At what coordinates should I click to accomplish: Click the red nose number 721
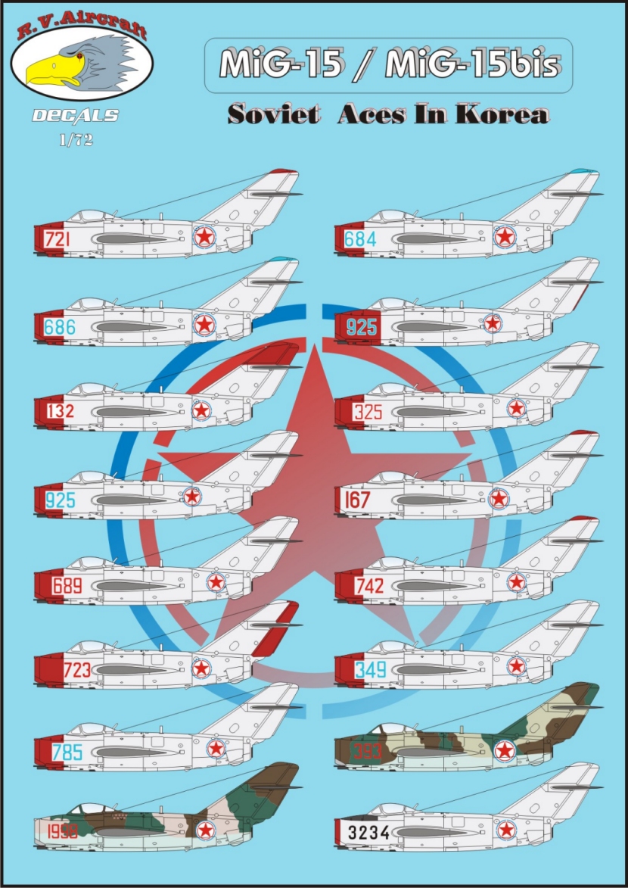[x=58, y=240]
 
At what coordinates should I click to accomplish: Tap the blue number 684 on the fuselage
[x=358, y=240]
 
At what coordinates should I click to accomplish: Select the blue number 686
[x=60, y=328]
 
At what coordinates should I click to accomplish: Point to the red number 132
[x=59, y=412]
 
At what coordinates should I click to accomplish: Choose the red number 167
[x=357, y=500]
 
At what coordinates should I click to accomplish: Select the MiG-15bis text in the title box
[x=471, y=66]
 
